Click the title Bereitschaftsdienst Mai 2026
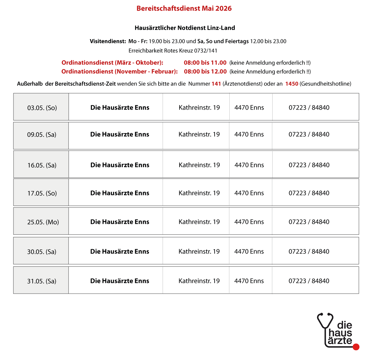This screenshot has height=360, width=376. point(184,8)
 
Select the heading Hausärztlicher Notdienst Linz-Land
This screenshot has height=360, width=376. point(185,28)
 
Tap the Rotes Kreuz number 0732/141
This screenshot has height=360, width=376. point(206,51)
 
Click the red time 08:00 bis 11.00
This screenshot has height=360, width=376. point(205,63)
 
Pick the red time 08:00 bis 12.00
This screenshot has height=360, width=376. point(205,71)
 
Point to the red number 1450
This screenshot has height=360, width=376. point(292,84)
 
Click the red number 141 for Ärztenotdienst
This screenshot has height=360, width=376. point(216,84)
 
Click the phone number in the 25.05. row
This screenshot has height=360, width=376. point(309,222)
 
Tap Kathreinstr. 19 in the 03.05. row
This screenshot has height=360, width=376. point(199,107)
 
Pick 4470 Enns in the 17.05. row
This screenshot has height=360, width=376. point(249,193)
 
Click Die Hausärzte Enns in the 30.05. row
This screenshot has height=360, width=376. point(120,251)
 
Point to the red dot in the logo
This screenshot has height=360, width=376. point(356,347)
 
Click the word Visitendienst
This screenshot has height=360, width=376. point(108,41)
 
